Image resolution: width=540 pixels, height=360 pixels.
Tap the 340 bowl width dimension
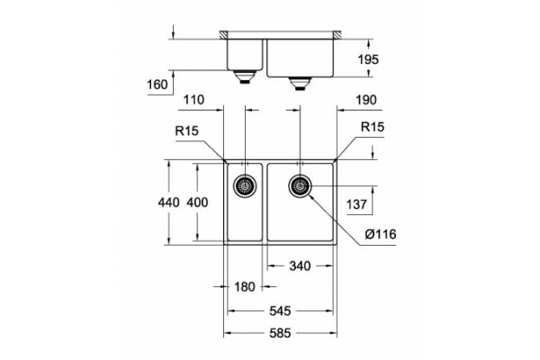300,265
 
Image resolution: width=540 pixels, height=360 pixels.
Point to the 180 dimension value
244,287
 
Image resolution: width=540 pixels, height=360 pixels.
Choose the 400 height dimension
196,202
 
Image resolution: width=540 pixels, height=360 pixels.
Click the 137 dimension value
358,205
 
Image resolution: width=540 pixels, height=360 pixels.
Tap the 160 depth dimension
157,86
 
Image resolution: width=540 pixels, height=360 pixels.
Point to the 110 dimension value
195,100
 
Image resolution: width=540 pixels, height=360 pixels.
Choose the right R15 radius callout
372,129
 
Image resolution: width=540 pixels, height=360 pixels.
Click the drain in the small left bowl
244,186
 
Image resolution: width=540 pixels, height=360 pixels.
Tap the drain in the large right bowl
300,186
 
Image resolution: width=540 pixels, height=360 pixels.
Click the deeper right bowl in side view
301,57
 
